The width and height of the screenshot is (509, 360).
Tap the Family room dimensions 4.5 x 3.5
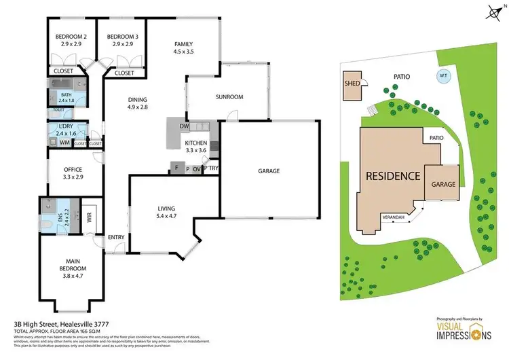(x=184, y=51)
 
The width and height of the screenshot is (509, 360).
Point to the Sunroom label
(x=229, y=97)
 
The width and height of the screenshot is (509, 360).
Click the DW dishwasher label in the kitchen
(x=184, y=127)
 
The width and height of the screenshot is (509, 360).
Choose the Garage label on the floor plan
(x=269, y=171)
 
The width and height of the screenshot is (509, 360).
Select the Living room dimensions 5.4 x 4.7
(x=162, y=217)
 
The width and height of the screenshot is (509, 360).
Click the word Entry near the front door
(x=115, y=237)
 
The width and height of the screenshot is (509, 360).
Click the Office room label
(x=73, y=170)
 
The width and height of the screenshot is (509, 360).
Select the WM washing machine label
(x=64, y=143)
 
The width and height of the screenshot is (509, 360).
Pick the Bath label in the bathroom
(x=66, y=95)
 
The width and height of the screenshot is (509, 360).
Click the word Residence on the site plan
(x=393, y=175)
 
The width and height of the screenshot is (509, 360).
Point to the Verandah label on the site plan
(x=393, y=217)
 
